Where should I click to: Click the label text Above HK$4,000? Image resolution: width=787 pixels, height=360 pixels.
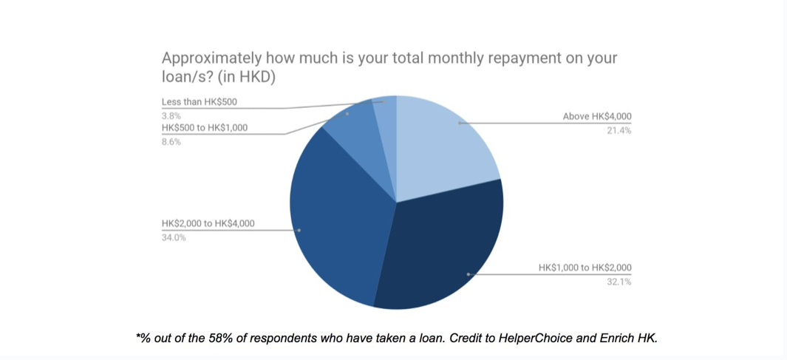[x=597, y=117]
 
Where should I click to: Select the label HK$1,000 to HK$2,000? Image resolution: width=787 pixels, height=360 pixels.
[x=585, y=268]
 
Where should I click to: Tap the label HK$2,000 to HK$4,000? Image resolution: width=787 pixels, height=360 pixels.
[x=208, y=223]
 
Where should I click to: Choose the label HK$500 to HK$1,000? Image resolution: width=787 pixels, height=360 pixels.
[x=205, y=128]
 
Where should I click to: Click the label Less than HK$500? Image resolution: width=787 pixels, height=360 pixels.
[x=200, y=102]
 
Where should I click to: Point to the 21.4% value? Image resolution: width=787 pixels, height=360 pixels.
[x=619, y=131]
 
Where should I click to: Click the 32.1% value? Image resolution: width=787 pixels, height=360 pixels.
[x=619, y=282]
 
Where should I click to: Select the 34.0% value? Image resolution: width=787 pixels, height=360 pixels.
[x=174, y=237]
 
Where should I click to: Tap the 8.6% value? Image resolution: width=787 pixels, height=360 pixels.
[x=171, y=142]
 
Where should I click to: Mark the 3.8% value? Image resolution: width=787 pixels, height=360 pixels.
[x=171, y=116]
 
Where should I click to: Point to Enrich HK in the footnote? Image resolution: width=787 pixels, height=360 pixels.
[x=627, y=338]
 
